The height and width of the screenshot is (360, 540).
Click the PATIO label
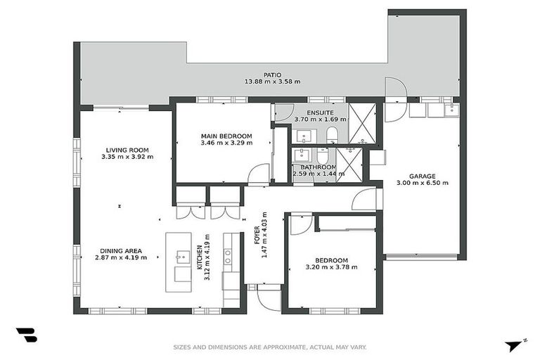(x=272, y=73)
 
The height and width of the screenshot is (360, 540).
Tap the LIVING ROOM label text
(x=127, y=150)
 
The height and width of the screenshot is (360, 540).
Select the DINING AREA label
(x=121, y=250)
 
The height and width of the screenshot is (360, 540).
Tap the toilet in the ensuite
(x=333, y=134)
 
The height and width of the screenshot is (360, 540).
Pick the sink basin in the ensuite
(x=306, y=135)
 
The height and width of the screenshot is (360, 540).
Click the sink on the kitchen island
(x=182, y=256)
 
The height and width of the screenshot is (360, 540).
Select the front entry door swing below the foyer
(x=268, y=297)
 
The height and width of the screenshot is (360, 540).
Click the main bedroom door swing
(x=259, y=174)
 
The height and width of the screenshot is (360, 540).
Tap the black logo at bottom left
(x=26, y=335)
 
